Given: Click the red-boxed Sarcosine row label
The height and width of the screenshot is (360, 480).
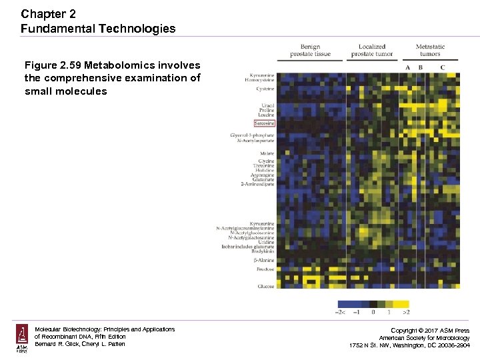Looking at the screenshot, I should (264, 123).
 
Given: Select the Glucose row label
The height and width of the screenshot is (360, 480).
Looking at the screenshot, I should (266, 286).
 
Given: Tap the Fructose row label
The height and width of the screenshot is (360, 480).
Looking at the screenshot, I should (266, 269).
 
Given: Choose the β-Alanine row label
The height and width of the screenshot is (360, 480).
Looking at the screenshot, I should (265, 260).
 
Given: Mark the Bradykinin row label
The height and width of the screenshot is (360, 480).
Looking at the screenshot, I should (263, 251).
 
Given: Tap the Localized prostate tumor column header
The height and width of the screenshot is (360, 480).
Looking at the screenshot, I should (372, 50).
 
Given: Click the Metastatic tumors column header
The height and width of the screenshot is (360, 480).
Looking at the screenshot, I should (430, 50).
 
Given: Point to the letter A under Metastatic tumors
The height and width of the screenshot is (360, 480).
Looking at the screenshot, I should (407, 67).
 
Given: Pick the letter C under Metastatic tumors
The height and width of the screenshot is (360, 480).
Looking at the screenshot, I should (442, 67).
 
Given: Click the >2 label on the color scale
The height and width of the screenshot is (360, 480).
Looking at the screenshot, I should (406, 311).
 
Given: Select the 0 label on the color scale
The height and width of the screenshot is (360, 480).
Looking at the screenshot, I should (373, 311).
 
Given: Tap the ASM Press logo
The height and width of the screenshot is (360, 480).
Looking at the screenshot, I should (22, 339).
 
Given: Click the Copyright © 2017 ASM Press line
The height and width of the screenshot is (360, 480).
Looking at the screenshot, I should (429, 331).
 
